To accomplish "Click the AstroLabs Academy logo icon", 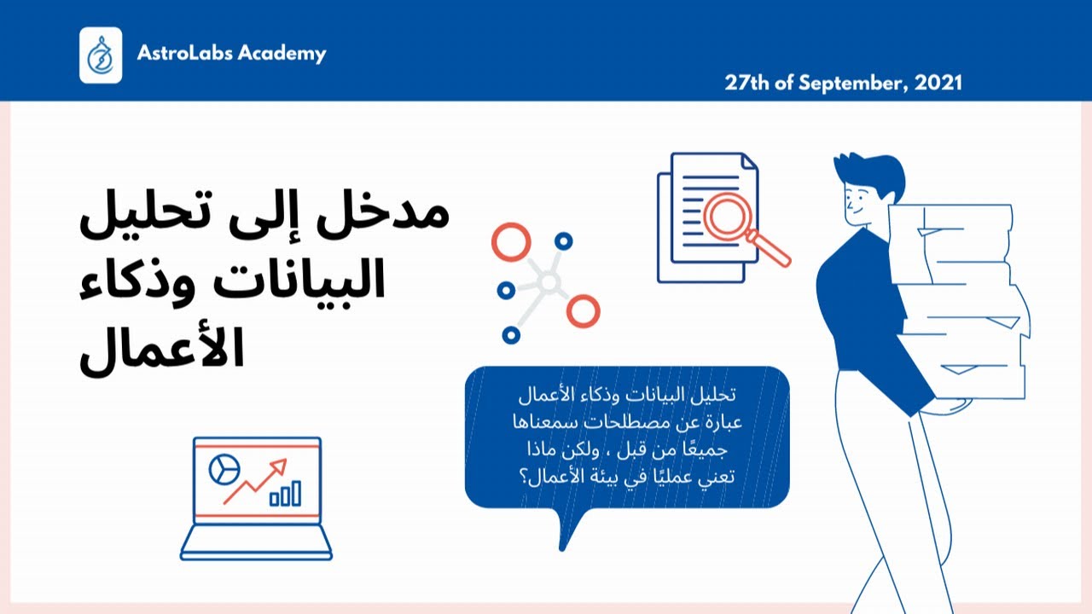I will click(101, 55).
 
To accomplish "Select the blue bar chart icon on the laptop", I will click(285, 494).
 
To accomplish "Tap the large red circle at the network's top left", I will click(511, 241).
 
